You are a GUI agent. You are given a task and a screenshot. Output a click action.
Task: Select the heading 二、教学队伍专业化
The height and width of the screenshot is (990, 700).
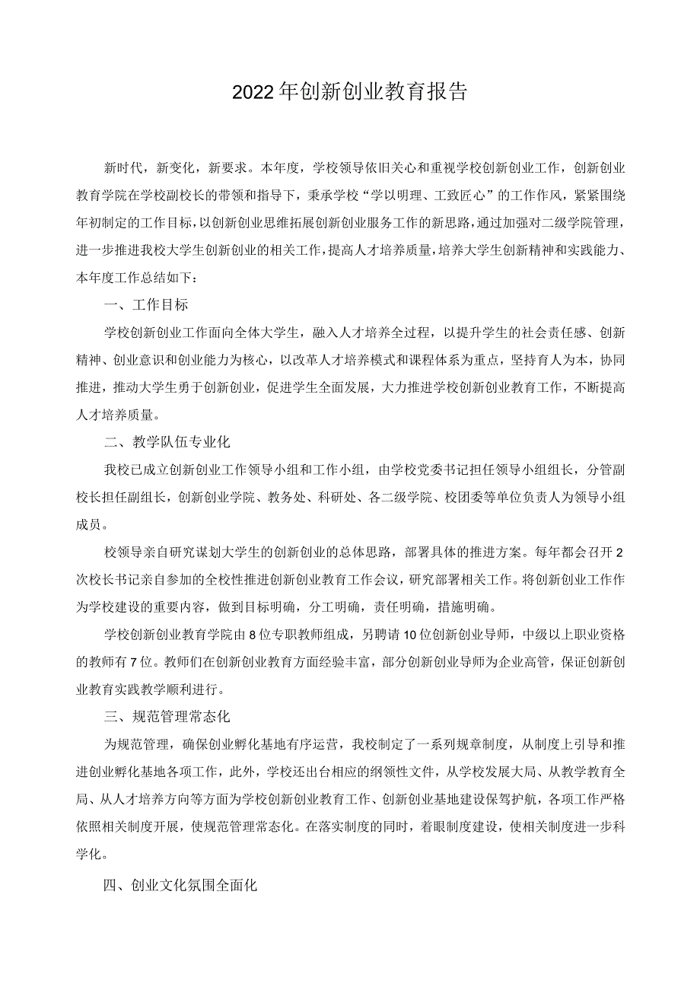point(167,442)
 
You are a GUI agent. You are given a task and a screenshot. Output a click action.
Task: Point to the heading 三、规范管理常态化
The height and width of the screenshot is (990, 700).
point(167,717)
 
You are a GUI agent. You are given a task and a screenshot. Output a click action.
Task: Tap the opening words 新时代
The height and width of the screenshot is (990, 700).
point(125,167)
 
